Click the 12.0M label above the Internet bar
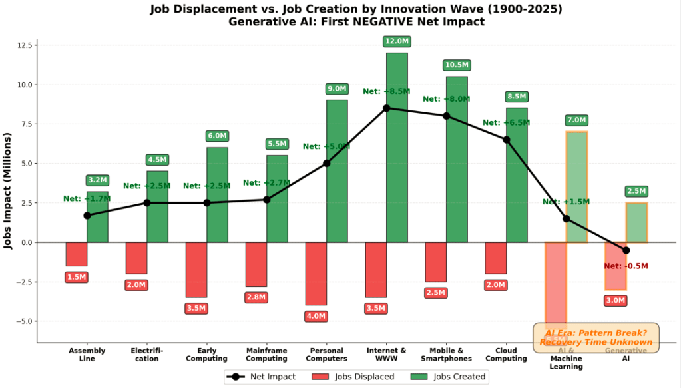point(397,42)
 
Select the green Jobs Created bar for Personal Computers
point(337,170)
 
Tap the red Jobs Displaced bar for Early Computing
point(196,270)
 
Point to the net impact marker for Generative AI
point(626,250)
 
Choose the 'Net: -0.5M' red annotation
point(626,266)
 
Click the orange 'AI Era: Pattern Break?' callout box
point(596,337)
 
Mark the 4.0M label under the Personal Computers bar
point(316,317)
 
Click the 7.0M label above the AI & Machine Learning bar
point(576,120)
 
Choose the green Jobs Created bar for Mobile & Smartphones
point(457,159)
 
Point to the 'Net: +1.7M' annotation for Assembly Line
point(87,198)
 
